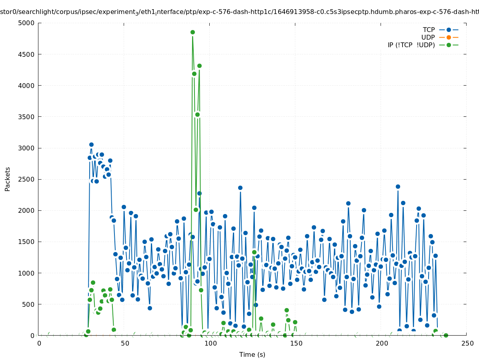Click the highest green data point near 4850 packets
192,32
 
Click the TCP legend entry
429,30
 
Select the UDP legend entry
428,37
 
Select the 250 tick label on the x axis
467,344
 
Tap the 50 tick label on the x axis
125,344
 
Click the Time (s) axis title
252,354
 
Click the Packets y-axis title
8,179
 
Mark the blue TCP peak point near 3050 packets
91,144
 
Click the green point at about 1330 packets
254,252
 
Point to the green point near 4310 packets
199,66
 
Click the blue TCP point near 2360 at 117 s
240,188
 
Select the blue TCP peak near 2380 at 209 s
398,186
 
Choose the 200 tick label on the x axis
382,344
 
